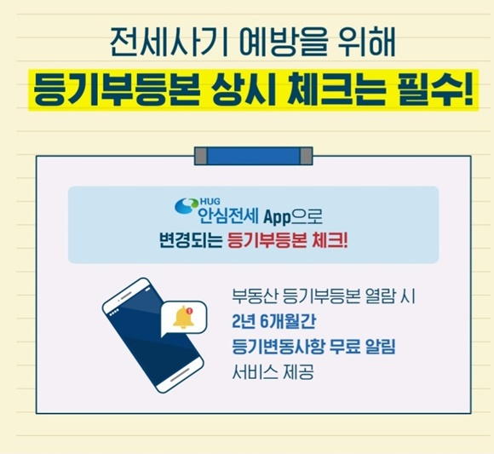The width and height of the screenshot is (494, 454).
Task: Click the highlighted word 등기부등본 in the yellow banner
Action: [x=117, y=89]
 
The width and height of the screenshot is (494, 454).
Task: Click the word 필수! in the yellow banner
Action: [x=435, y=89]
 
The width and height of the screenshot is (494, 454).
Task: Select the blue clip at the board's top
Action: [x=254, y=156]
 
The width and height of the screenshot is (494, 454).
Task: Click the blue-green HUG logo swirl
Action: [x=187, y=207]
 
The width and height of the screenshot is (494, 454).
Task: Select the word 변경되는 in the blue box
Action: [x=191, y=241]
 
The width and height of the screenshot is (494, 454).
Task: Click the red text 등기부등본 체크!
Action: [x=288, y=241]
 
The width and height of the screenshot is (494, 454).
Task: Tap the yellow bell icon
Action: [x=184, y=317]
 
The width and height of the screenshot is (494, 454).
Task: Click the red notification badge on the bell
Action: [x=189, y=311]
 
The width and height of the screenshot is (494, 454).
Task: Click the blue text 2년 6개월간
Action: [x=273, y=322]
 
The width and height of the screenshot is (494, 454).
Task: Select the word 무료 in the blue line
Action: [x=342, y=347]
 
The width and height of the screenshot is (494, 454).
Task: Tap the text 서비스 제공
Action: [x=273, y=372]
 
